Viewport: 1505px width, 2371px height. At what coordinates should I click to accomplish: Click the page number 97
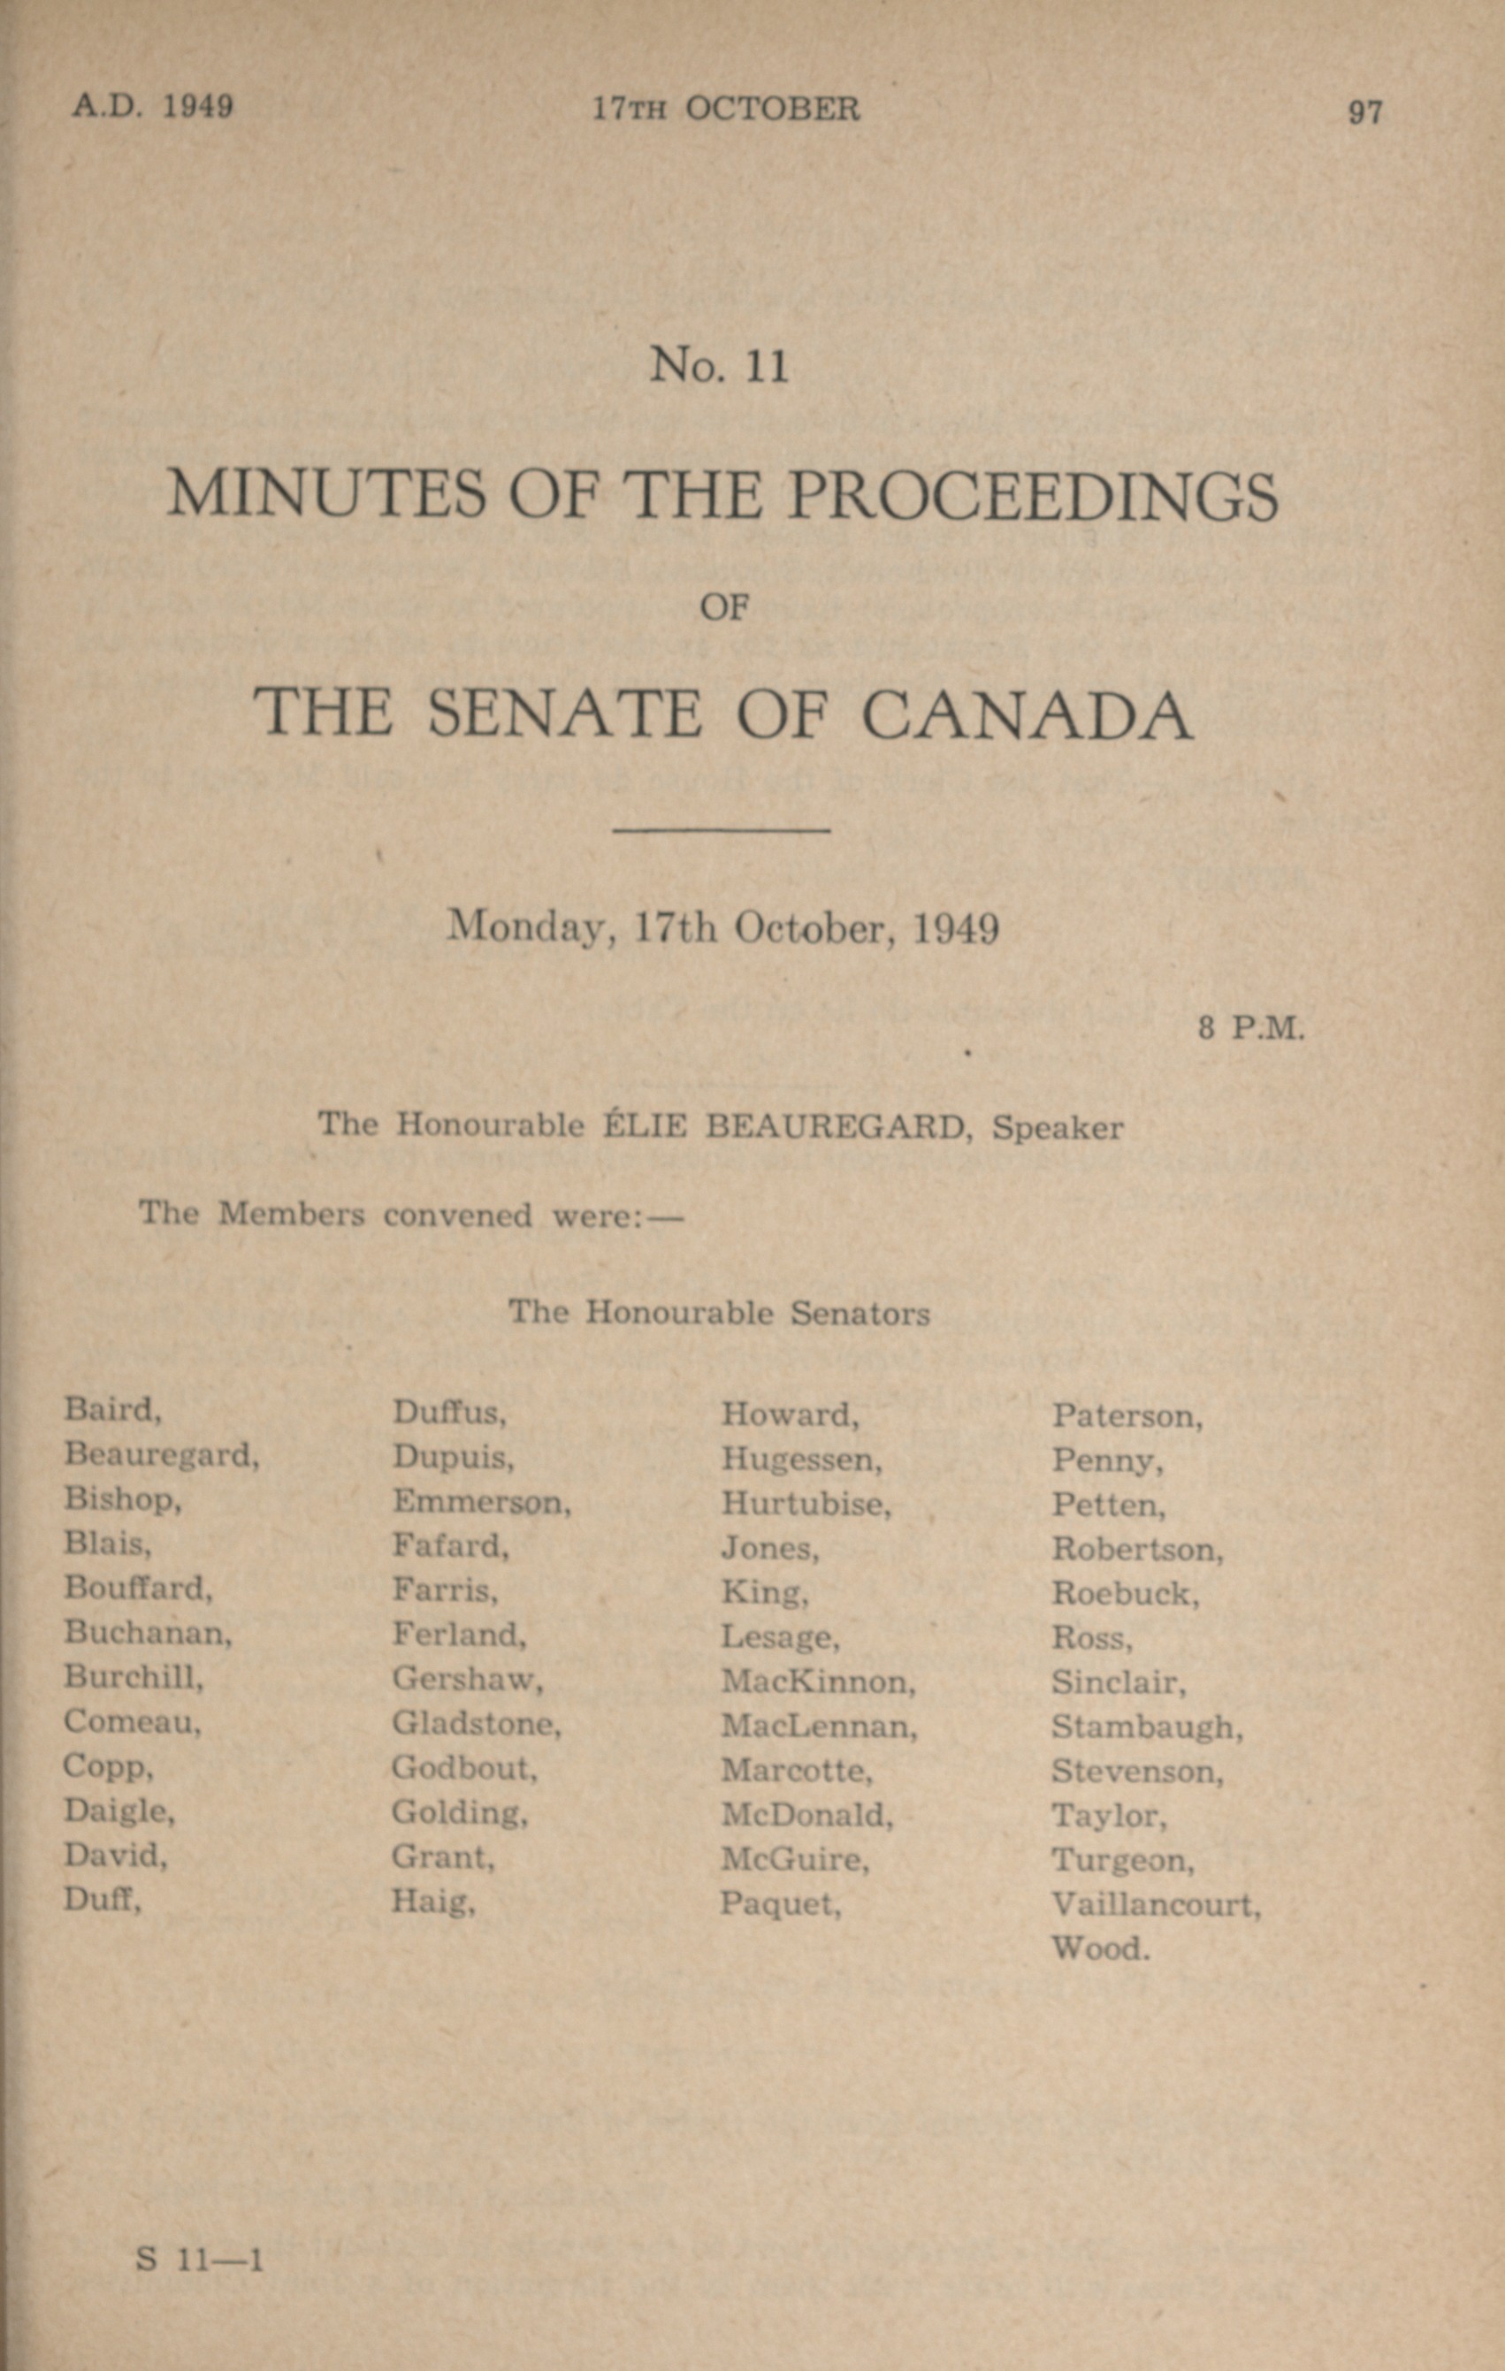(x=1364, y=112)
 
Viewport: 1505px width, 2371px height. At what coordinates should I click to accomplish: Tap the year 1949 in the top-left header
(x=197, y=106)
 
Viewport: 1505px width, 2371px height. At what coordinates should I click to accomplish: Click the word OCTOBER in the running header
(x=772, y=109)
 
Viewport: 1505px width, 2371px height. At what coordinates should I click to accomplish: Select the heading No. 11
(x=719, y=366)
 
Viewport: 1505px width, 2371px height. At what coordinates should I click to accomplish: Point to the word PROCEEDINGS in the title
(x=1033, y=494)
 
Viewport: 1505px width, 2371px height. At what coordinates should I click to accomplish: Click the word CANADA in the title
(x=1028, y=713)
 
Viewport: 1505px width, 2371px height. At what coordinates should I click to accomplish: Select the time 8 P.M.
(x=1251, y=1030)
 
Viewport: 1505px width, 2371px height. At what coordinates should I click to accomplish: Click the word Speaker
(x=1058, y=1127)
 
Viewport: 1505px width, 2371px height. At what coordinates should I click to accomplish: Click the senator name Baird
(x=111, y=1410)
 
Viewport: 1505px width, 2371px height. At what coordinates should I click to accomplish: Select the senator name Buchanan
(x=147, y=1633)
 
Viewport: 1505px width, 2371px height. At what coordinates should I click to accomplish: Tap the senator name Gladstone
(x=476, y=1722)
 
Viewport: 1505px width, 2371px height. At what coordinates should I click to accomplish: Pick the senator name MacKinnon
(x=818, y=1681)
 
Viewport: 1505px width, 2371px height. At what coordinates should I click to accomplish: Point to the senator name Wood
(x=1099, y=1948)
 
